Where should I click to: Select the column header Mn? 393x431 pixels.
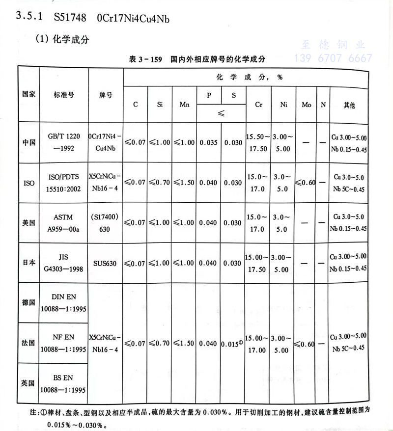point(184,105)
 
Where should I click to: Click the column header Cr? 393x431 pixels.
point(258,105)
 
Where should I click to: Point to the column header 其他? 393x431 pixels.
point(349,105)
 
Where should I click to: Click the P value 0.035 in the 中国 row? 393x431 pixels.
point(208,142)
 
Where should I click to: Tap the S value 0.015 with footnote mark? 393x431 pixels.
point(233,344)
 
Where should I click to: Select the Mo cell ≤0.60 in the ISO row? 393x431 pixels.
point(305,183)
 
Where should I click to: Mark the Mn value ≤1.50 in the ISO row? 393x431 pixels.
point(184,183)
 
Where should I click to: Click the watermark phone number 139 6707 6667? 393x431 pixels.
point(333,58)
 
